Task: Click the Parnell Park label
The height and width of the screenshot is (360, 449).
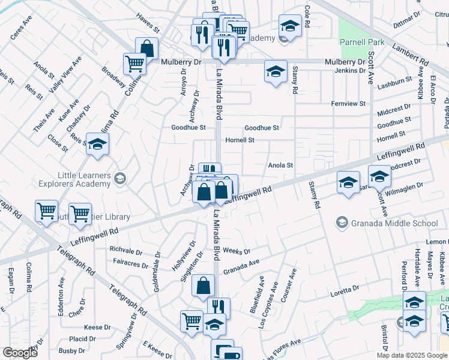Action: (x=361, y=43)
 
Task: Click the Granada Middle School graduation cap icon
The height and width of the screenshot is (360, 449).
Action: (x=342, y=223)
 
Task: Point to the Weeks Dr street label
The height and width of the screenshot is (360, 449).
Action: (x=236, y=250)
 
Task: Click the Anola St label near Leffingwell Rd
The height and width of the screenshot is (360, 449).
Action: (x=280, y=165)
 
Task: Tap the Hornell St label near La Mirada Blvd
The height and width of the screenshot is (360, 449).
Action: (x=240, y=140)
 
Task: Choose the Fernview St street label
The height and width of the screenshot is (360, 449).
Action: (x=348, y=104)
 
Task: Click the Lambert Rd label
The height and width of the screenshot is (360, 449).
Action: (x=410, y=53)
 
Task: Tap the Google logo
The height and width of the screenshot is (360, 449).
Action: (x=20, y=353)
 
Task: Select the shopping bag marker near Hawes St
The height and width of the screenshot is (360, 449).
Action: (x=146, y=48)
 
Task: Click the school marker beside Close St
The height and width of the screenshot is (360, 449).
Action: (x=98, y=145)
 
